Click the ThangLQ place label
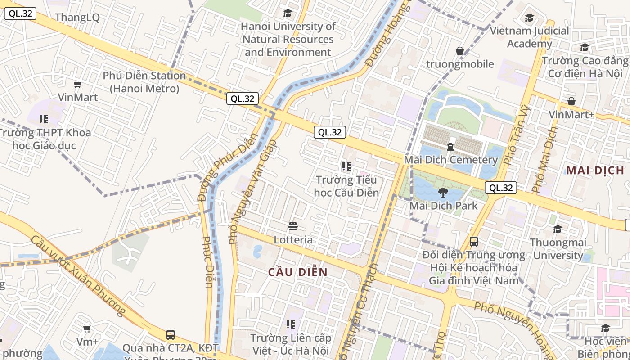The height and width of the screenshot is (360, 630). (x=77, y=18)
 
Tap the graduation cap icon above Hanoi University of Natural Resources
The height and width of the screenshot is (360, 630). (x=287, y=13)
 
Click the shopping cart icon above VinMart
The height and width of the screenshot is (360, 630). (x=78, y=84)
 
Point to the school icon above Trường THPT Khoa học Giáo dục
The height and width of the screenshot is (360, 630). (x=44, y=119)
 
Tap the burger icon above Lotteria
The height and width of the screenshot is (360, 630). (x=293, y=226)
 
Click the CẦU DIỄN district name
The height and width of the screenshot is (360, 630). (x=298, y=272)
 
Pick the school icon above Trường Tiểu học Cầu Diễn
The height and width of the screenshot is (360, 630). (x=346, y=166)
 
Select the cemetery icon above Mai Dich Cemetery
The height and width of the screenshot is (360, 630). (x=450, y=146)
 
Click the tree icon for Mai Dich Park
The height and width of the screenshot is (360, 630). (x=443, y=193)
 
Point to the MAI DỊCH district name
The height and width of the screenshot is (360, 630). (x=595, y=170)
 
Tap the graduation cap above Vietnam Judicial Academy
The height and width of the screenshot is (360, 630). (x=529, y=18)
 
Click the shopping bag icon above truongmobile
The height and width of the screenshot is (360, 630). (x=460, y=51)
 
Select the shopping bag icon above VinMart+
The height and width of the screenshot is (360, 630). (x=571, y=102)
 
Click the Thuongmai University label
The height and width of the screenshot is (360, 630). (x=558, y=249)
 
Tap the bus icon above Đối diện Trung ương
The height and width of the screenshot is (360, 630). (x=474, y=242)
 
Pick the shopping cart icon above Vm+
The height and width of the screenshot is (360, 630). (x=87, y=329)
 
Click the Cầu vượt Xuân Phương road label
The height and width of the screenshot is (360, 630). (x=79, y=275)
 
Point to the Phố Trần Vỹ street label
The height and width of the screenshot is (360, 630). (x=517, y=135)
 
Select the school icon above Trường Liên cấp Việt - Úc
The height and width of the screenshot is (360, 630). (x=291, y=324)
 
